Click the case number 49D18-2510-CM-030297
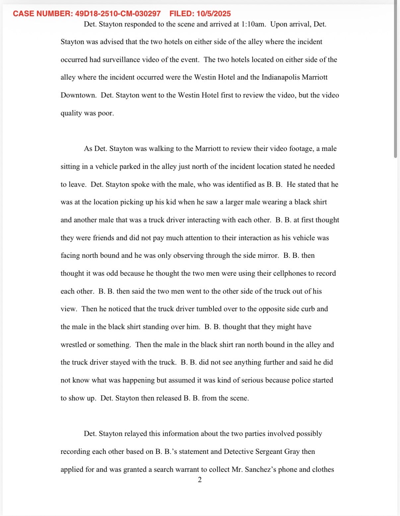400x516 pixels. (x=118, y=14)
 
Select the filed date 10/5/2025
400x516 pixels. (x=213, y=14)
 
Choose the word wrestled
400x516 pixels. (x=74, y=345)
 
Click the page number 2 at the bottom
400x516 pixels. (x=200, y=480)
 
